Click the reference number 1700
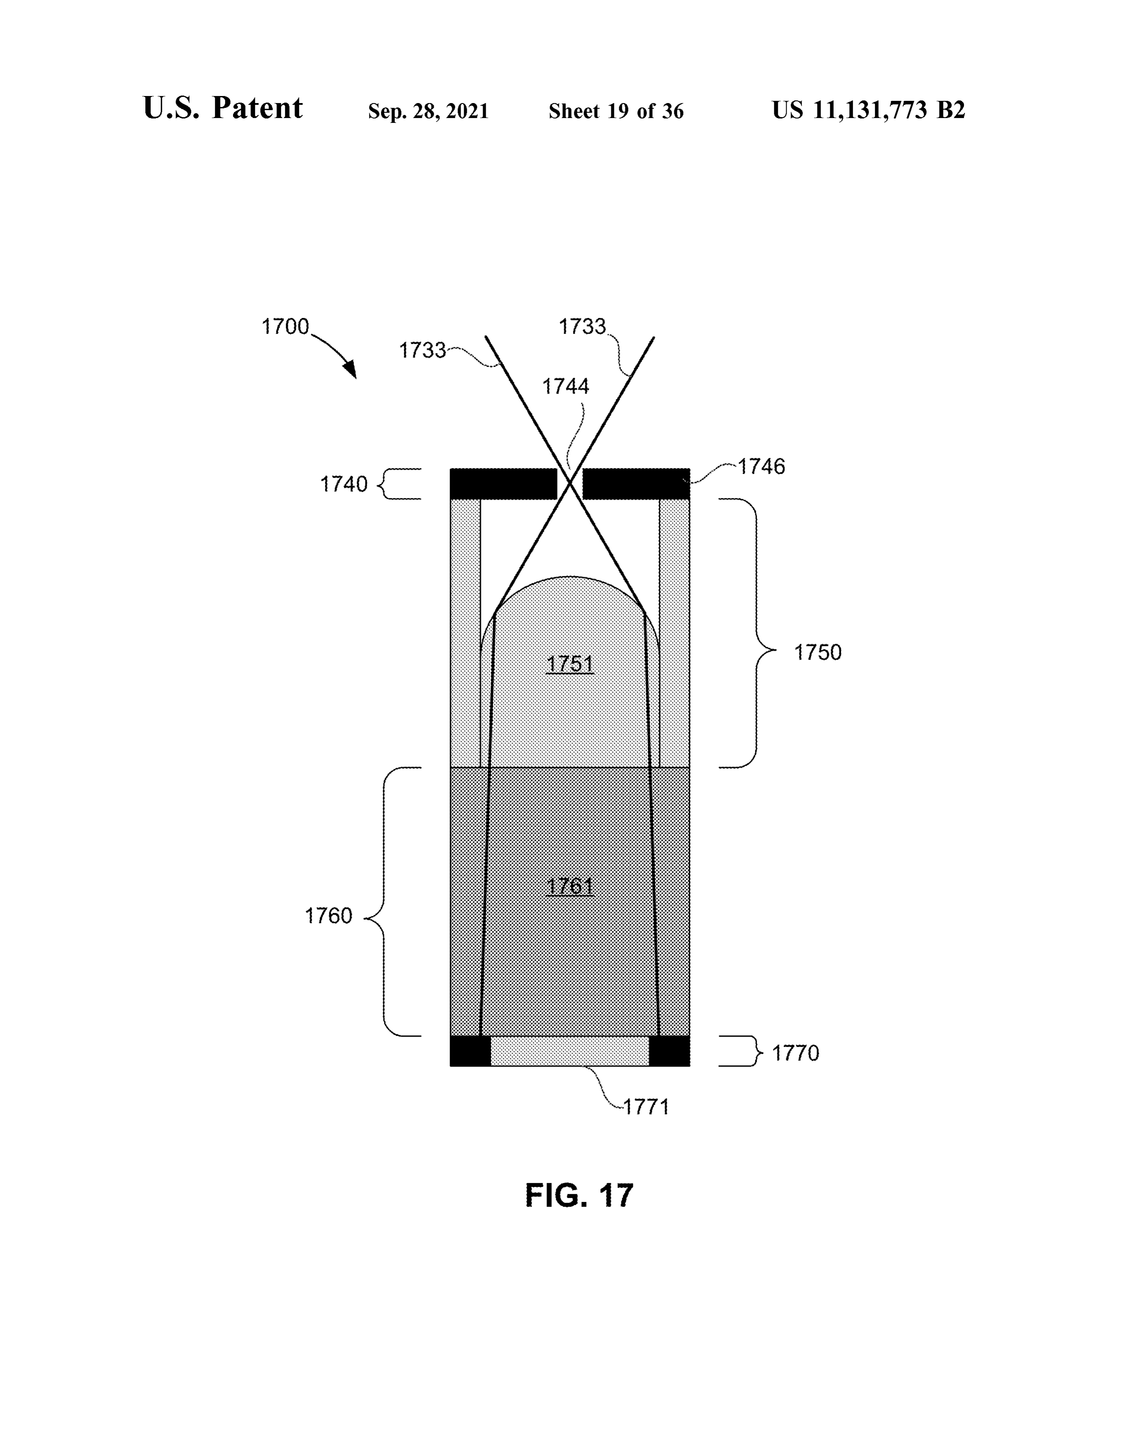pyautogui.click(x=285, y=327)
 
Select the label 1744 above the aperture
pyautogui.click(x=565, y=387)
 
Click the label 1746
pyautogui.click(x=761, y=466)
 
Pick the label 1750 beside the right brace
pyautogui.click(x=818, y=652)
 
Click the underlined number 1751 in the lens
pyautogui.click(x=569, y=664)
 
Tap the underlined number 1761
pyautogui.click(x=569, y=886)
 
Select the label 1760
pyautogui.click(x=329, y=916)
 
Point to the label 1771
pyautogui.click(x=645, y=1107)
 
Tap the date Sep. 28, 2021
pyautogui.click(x=429, y=111)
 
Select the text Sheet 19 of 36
pyautogui.click(x=616, y=111)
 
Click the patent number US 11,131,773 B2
pyautogui.click(x=868, y=110)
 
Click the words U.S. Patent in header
pyautogui.click(x=223, y=108)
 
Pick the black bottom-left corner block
pyautogui.click(x=470, y=1051)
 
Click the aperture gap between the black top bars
pyautogui.click(x=569, y=483)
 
